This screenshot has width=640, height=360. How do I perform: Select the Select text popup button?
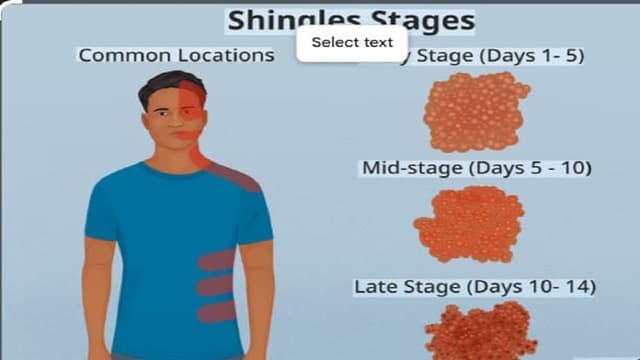pyautogui.click(x=351, y=42)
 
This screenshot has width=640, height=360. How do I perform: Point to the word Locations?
pyautogui.click(x=226, y=55)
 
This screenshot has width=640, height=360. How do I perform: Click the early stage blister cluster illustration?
pyautogui.click(x=477, y=111)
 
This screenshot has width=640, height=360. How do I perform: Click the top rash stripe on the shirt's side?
pyautogui.click(x=216, y=261)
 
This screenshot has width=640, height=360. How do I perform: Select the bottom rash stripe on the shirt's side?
pyautogui.click(x=216, y=311)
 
